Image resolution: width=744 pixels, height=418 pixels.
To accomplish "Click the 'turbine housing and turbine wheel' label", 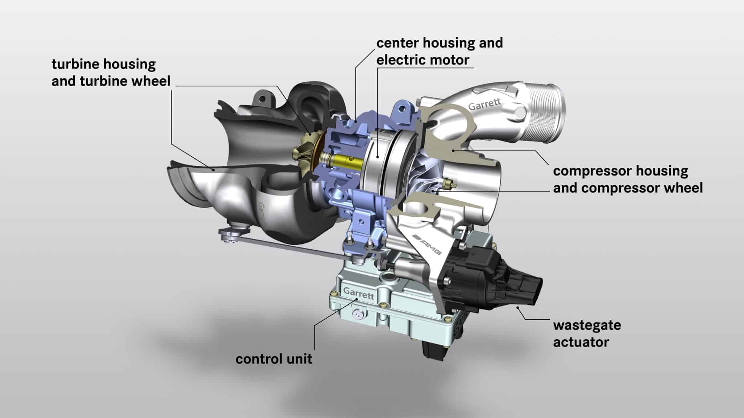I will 111,73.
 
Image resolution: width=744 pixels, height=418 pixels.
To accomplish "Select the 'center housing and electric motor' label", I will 439,51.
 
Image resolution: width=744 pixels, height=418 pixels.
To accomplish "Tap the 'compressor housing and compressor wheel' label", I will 627,179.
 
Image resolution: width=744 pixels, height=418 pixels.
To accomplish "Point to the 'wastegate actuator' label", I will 587,333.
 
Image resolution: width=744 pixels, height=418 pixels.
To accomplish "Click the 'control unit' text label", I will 274,359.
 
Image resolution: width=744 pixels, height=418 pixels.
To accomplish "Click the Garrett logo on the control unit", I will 358,293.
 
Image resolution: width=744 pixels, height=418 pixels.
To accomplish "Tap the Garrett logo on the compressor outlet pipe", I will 484,104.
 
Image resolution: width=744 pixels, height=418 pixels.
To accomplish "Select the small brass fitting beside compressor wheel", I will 450,181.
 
